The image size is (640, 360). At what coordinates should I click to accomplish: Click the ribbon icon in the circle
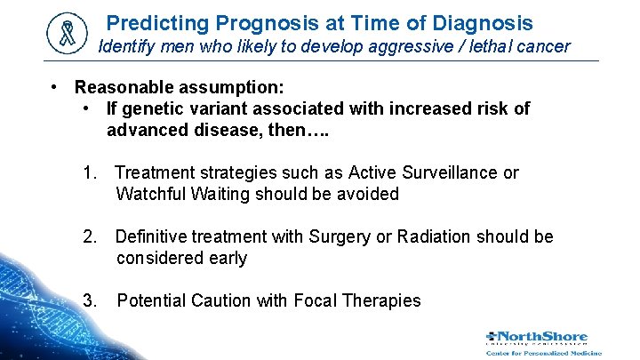68,34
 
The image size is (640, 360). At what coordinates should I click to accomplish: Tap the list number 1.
89,172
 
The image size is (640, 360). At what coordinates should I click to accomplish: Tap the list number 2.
89,236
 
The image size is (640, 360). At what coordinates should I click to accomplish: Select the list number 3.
89,300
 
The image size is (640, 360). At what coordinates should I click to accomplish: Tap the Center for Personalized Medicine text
544,352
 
